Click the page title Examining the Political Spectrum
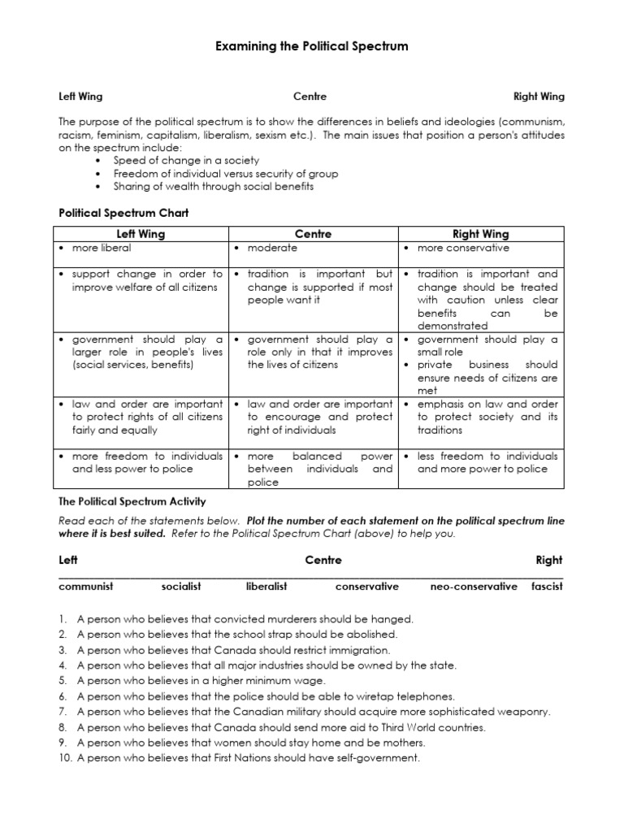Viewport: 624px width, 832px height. coord(311,47)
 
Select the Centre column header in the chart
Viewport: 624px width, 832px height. coord(314,234)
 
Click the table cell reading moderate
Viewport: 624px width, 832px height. coord(272,248)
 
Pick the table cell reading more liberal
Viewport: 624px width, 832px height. coord(101,248)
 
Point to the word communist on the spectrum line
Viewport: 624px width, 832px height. coord(86,586)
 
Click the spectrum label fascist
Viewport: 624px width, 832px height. coord(546,586)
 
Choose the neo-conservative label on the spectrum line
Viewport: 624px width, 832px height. coord(473,586)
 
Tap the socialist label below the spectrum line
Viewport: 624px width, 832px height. coord(180,586)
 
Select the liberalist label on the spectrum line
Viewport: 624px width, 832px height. coord(266,586)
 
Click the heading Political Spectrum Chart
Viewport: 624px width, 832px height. coord(123,213)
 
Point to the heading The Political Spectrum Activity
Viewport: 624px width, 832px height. coord(132,502)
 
